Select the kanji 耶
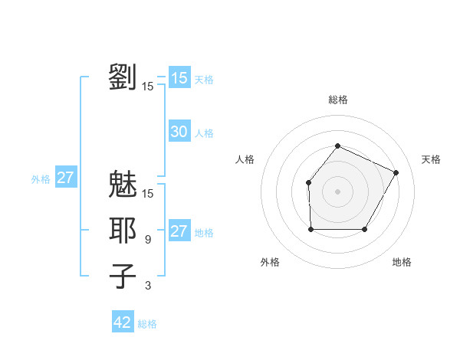pos(123,231)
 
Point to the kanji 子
pos(123,277)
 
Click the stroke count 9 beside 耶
pos(148,240)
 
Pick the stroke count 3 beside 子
pos(148,286)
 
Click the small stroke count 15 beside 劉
pos(148,87)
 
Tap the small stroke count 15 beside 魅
pos(148,193)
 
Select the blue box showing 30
pos(179,132)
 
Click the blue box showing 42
pos(123,322)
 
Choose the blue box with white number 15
pos(179,78)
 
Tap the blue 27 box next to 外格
pos(66,178)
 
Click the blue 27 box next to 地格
pos(179,231)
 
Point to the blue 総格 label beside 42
pos(147,324)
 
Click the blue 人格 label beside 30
pos(204,133)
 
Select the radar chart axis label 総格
pos(337,100)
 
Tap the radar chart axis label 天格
pos(431,159)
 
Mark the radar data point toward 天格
pos(396,172)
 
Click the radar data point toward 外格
pos(310,229)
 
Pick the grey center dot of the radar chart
pos(337,191)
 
